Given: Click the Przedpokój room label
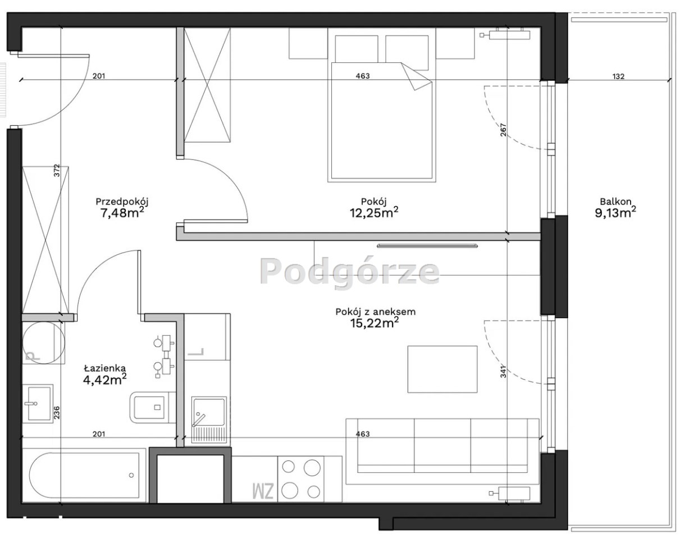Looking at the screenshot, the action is point(122,202).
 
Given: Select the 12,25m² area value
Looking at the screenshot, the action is point(374,212).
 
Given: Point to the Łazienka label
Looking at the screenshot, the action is point(105,368).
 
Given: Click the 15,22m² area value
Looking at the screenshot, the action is point(375,323).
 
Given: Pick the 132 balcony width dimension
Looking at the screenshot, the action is point(619,76).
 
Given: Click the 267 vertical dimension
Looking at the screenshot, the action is point(503,130).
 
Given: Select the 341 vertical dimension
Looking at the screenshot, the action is point(503,371).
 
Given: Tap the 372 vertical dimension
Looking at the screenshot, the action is point(57,170).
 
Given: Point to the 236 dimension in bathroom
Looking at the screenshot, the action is point(57,412).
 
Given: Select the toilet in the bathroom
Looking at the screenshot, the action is point(152,407).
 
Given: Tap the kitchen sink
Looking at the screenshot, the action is point(209,420).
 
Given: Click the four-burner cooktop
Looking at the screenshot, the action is point(300,478).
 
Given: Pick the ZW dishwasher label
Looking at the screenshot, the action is point(263,491).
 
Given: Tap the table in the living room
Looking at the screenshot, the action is point(442,369).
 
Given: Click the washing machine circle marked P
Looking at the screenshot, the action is point(44,342).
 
